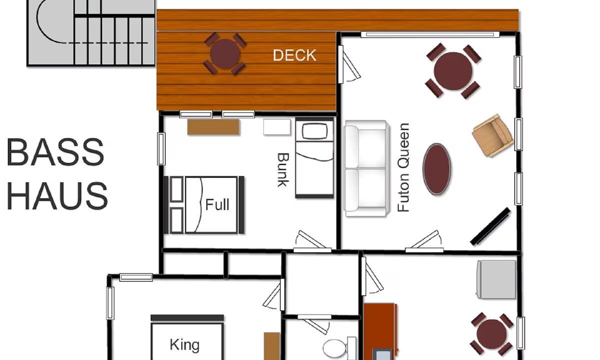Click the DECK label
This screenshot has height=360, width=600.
(x=294, y=55)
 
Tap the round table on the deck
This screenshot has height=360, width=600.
(x=225, y=54)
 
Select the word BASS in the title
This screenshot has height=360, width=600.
(x=55, y=152)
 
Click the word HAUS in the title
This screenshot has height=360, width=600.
(x=57, y=196)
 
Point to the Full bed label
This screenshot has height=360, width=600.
(x=217, y=205)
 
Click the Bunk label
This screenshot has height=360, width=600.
(x=283, y=170)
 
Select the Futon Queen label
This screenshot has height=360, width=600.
(x=403, y=167)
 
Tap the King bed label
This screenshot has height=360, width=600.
(x=184, y=344)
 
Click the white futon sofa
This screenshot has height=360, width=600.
(x=366, y=168)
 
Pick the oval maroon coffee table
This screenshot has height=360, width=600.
(x=436, y=169)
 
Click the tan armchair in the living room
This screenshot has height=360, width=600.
(x=492, y=135)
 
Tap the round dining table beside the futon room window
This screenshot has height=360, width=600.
(x=453, y=71)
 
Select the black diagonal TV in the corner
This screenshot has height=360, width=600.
(x=490, y=226)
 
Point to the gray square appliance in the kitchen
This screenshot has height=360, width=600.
(x=496, y=279)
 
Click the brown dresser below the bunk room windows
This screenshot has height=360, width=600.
(x=213, y=127)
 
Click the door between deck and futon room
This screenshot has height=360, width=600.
(x=348, y=64)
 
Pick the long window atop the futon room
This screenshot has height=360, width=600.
(x=430, y=34)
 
